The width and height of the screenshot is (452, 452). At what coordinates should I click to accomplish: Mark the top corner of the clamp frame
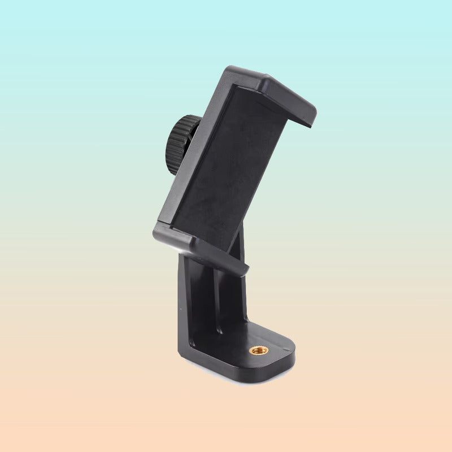point(232,70)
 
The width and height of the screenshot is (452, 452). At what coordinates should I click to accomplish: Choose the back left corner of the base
point(181,353)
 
